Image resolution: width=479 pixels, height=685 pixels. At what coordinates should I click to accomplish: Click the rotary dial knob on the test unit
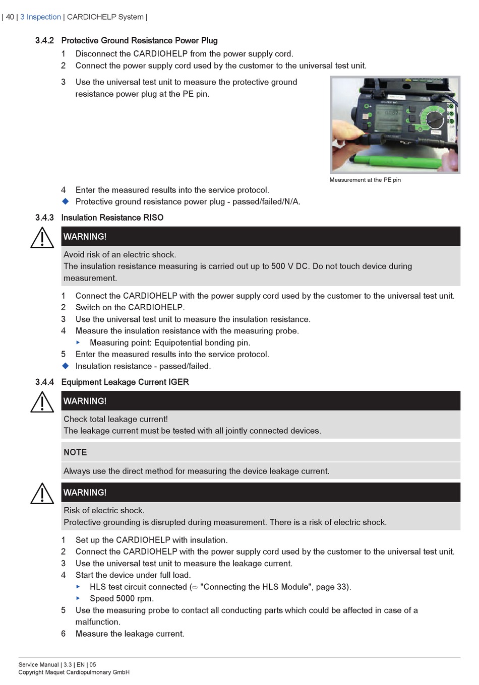coord(433,119)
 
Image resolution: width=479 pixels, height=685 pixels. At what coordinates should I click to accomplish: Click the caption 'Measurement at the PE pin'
coord(365,180)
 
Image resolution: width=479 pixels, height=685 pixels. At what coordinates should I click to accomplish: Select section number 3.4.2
coord(44,40)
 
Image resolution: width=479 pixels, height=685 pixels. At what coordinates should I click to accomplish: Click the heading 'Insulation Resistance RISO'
coord(112,218)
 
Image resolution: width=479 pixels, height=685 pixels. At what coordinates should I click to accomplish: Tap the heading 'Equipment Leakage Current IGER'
coord(125,382)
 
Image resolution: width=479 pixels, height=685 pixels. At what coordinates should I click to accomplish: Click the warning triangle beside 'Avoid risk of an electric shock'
coord(42,238)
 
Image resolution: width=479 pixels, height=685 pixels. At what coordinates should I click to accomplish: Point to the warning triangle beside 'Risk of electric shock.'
coord(42,494)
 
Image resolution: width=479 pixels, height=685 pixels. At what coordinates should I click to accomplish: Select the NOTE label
coord(75,452)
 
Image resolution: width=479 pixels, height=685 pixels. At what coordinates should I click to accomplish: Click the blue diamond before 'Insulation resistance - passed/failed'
coord(65,366)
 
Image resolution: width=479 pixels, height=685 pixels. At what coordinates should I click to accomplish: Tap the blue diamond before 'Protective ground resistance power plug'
coord(65,201)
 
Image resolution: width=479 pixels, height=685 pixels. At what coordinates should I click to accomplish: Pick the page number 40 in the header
coord(10,17)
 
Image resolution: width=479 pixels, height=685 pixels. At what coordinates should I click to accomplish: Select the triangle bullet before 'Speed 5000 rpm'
coord(78,598)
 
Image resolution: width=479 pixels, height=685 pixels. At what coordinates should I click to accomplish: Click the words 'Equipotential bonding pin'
coord(202,342)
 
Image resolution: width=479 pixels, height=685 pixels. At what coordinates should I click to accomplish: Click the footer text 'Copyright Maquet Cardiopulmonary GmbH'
coord(74,672)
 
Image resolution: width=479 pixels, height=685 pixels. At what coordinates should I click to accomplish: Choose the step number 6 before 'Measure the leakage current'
coord(64,634)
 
